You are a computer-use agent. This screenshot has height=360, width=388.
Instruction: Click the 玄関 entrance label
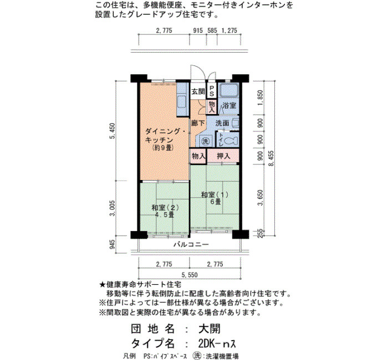pos(198,91)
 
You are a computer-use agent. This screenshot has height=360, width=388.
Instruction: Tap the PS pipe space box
pos(212,91)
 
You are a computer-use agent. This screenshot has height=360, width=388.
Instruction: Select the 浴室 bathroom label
pos(229,106)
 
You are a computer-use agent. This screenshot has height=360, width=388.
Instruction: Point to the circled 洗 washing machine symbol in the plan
pos(205,141)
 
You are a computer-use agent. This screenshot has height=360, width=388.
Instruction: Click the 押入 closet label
pos(223,156)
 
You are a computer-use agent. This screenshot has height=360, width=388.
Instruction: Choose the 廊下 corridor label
pos(198,123)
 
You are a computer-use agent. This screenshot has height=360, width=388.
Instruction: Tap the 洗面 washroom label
pos(222,123)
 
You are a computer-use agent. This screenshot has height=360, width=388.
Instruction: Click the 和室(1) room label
pos(215,194)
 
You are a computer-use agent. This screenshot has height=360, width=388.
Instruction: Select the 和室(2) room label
pos(165,208)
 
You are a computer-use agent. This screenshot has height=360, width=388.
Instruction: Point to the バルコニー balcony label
pos(191,245)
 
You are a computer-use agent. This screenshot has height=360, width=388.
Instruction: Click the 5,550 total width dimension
pos(190,275)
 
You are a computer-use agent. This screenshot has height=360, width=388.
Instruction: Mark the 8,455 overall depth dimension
pos(272,158)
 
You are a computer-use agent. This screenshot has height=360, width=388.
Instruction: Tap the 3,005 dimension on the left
pos(113,208)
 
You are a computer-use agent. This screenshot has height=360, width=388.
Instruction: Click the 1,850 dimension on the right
pos(260,98)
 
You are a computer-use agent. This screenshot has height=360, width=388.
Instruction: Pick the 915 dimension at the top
pos(198,30)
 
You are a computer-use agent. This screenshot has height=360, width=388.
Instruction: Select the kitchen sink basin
pos(182,101)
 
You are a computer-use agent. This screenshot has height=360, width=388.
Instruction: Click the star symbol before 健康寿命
pos(103,285)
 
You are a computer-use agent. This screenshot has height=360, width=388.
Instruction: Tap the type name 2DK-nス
pos(217,343)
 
